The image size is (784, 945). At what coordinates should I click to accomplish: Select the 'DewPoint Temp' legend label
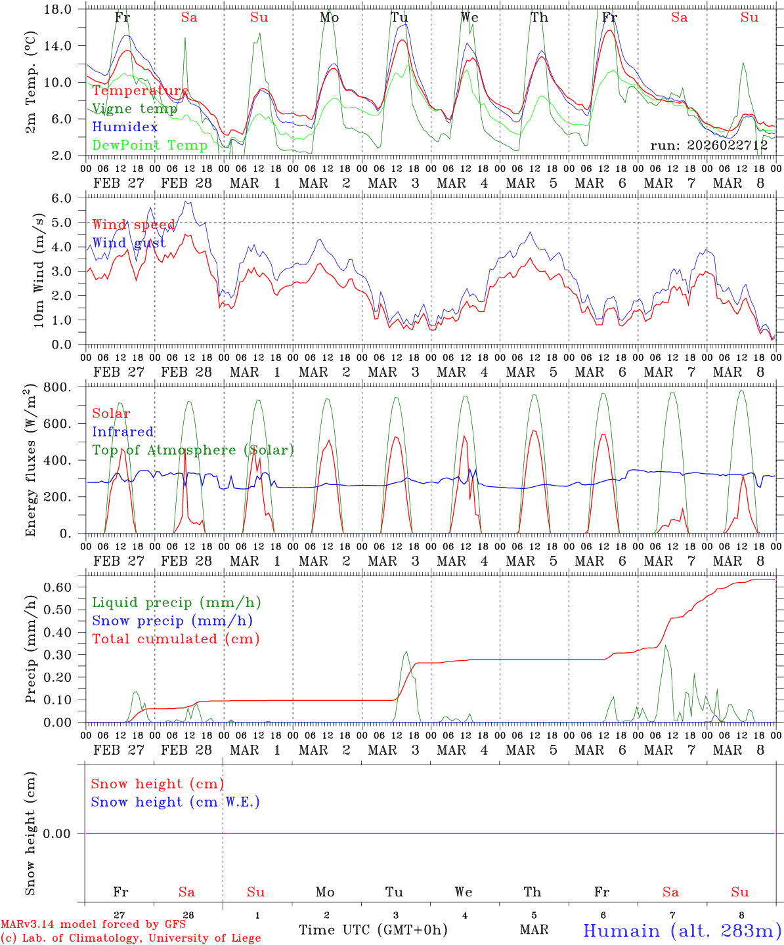pyautogui.click(x=150, y=145)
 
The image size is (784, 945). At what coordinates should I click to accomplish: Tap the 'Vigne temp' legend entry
pyautogui.click(x=135, y=109)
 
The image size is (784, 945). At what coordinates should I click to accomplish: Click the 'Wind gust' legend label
pyautogui.click(x=129, y=243)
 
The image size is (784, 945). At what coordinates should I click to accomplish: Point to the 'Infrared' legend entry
pyautogui.click(x=123, y=432)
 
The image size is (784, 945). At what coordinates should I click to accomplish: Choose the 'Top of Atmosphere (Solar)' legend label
pyautogui.click(x=193, y=450)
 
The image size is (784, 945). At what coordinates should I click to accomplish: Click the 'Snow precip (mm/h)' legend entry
pyautogui.click(x=172, y=621)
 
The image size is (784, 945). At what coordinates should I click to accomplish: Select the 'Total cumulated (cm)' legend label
pyautogui.click(x=175, y=639)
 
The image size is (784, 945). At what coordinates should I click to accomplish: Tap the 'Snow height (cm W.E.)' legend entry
pyautogui.click(x=175, y=802)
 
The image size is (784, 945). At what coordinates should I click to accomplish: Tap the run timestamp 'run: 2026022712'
pyautogui.click(x=708, y=146)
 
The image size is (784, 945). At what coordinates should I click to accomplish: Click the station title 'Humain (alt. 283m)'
pyautogui.click(x=682, y=931)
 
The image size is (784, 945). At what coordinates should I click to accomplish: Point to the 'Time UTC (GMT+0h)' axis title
pyautogui.click(x=373, y=930)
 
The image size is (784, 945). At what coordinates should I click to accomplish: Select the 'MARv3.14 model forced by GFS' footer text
pyautogui.click(x=93, y=924)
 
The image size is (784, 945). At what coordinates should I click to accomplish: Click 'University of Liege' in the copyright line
pyautogui.click(x=201, y=938)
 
